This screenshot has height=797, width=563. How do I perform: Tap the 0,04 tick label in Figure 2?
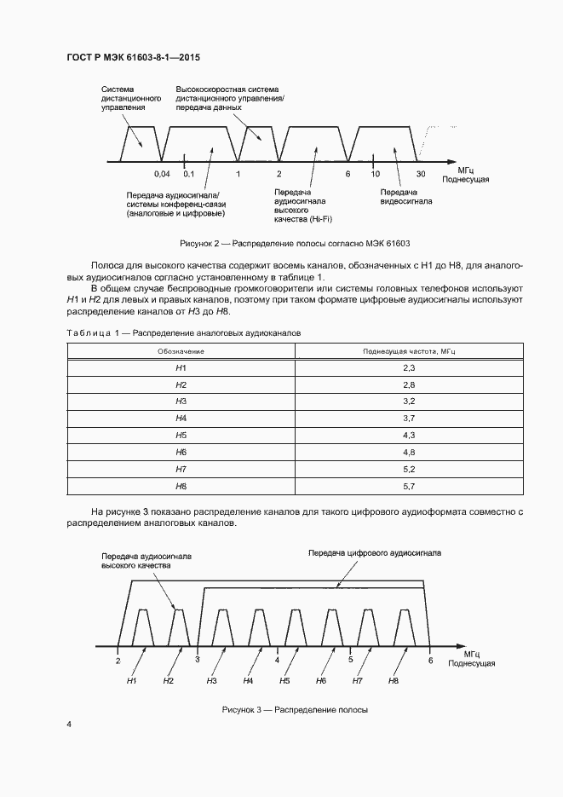coord(162,174)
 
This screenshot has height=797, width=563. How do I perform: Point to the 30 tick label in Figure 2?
coord(421,174)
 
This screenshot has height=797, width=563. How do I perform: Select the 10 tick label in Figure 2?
coord(373,174)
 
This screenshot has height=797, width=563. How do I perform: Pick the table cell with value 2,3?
coord(408,367)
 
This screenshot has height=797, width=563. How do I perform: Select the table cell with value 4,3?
coord(408,435)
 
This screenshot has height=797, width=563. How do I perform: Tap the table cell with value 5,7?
coord(408,486)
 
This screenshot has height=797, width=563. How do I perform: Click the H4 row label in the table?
coord(181,418)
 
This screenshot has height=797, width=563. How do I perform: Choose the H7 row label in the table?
coord(181,469)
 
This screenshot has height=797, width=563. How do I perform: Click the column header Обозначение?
coord(181,350)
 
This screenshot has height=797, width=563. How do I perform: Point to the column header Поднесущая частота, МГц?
coord(408,350)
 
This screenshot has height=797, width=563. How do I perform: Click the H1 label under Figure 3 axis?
coord(132,681)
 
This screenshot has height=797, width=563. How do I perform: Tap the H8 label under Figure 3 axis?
coord(394,681)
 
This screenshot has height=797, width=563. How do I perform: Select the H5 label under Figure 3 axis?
coord(285,681)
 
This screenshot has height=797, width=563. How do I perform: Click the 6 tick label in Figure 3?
coord(430,660)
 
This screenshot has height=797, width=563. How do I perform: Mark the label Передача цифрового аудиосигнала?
coord(375,552)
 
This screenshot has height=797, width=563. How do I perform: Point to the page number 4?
coord(69,725)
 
